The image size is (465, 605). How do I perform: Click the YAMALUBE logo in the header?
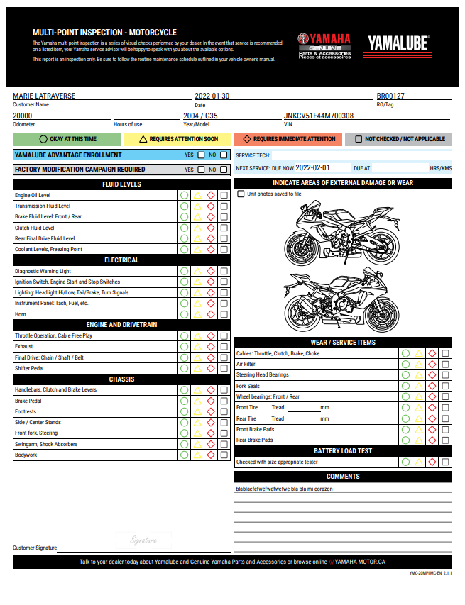[x=398, y=43]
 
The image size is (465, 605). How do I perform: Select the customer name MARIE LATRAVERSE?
[x=44, y=96]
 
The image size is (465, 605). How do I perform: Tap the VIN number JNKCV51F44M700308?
[x=319, y=116]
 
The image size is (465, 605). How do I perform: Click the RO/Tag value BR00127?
[x=390, y=96]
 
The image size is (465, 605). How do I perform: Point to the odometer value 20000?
[x=23, y=116]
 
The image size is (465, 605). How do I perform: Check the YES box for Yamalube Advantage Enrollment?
[x=202, y=155]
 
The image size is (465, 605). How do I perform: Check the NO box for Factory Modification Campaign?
[x=224, y=170]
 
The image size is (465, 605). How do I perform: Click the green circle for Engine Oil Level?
[x=185, y=195]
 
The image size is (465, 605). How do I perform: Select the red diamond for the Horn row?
[x=211, y=314]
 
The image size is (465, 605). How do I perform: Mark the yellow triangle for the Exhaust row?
[x=198, y=347]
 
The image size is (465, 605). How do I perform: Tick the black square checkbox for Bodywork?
[x=224, y=455]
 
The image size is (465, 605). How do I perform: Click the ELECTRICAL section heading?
[x=121, y=260]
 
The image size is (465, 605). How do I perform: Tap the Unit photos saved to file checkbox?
[x=241, y=194]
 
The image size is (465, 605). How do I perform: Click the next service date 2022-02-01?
[x=313, y=168]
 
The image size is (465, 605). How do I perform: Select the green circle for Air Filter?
[x=405, y=364]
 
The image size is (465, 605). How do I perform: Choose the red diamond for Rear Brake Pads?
[x=432, y=440]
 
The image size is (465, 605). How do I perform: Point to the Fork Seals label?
[x=248, y=386]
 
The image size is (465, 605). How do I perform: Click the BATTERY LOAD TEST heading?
[x=343, y=451]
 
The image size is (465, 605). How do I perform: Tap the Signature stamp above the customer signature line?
[x=143, y=540]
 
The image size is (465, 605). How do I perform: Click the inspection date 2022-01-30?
[x=212, y=96]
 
